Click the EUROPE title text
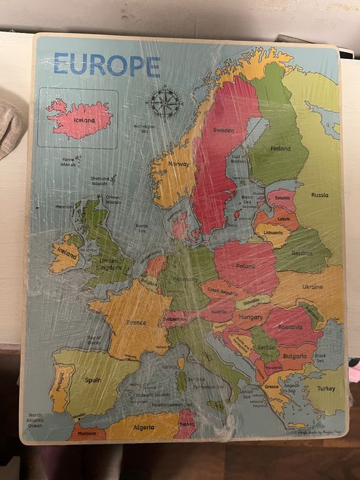tap(106, 66)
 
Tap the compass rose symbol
tap(166, 104)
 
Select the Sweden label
tap(224, 130)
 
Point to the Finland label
tap(280, 148)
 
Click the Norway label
tap(178, 165)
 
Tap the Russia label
tap(320, 195)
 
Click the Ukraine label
tap(313, 287)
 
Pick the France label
tap(136, 322)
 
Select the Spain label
tap(93, 379)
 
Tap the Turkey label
tap(326, 388)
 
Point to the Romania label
tap(290, 327)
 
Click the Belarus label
tap(302, 252)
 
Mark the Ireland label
tap(67, 252)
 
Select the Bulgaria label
tap(294, 357)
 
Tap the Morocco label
tap(86, 433)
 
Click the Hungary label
tap(250, 317)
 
